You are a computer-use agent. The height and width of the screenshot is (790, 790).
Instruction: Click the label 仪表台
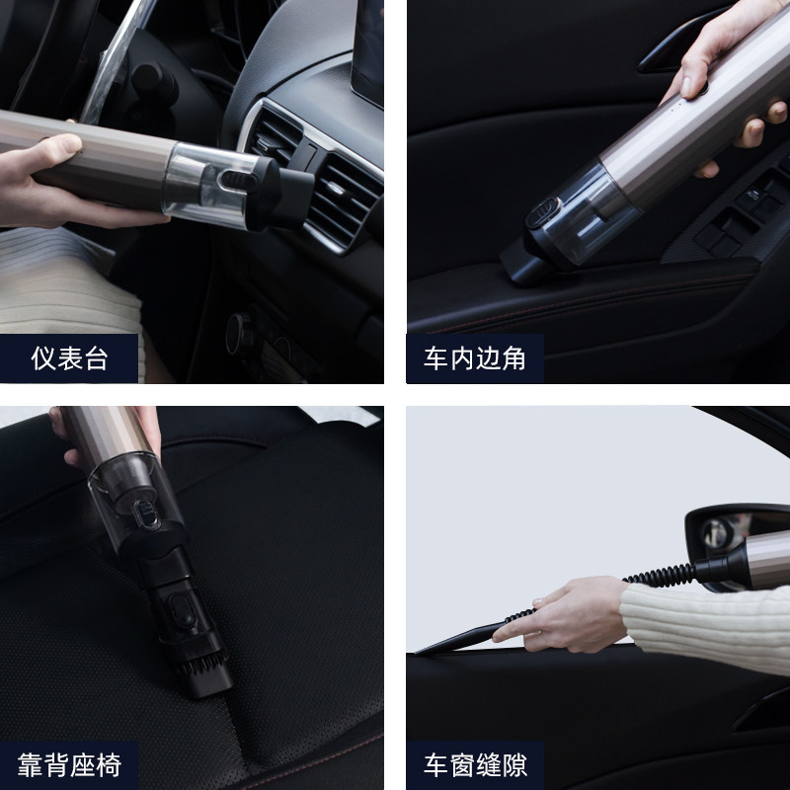point(68,358)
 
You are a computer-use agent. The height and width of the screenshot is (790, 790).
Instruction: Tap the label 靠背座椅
point(68,764)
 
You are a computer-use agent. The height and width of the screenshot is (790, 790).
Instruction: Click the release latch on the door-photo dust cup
point(544,210)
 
